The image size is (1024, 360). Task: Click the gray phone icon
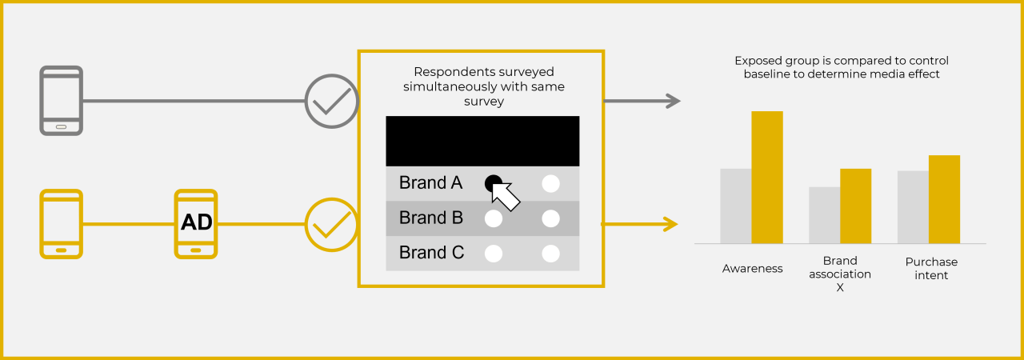tap(62, 101)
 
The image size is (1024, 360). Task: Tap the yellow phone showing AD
tap(196, 223)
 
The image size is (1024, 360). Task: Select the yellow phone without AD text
tap(62, 223)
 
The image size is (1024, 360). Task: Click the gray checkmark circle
tap(331, 102)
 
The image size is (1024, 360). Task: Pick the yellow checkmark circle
tap(331, 224)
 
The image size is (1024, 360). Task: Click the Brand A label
tap(430, 182)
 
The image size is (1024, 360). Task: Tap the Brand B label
tap(430, 218)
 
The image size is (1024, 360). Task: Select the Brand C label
tap(431, 253)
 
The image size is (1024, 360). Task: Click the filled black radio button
tap(493, 182)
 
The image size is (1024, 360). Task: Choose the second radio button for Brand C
tap(550, 254)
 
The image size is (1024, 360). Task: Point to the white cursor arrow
tap(506, 195)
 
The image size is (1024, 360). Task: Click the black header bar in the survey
tap(482, 141)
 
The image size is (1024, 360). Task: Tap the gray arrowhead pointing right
tap(672, 101)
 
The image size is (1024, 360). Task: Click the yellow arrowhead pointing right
tap(670, 224)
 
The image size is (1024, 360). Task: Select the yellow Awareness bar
tap(767, 177)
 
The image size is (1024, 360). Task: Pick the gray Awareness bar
tap(736, 206)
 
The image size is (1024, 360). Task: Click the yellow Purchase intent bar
tap(944, 199)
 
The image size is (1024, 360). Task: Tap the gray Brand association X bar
tap(824, 215)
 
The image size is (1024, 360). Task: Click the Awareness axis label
tap(752, 269)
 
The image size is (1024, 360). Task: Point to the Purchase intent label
tap(931, 268)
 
